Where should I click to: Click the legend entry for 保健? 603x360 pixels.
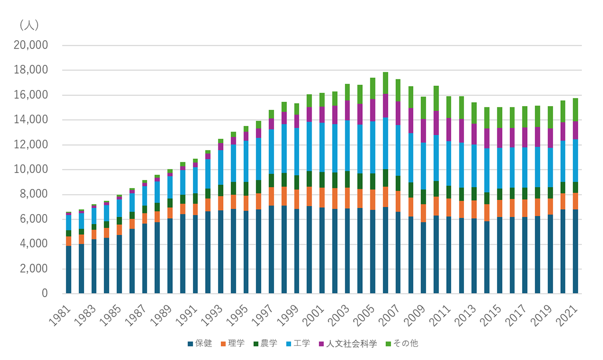point(200,344)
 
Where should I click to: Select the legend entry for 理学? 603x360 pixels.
point(233,344)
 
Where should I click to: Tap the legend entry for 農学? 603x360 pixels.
point(265,344)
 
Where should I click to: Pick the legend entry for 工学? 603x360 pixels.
point(298,344)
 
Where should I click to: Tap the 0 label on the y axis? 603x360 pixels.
point(44,294)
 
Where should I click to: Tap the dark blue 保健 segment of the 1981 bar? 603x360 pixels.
point(69,269)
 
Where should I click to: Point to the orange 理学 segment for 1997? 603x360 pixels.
point(271,197)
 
